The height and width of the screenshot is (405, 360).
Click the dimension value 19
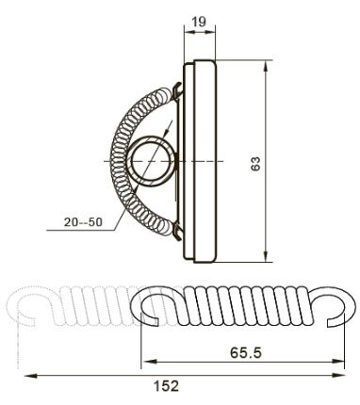point(199,22)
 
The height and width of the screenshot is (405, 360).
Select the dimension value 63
point(255,163)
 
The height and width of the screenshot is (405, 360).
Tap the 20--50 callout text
point(83,222)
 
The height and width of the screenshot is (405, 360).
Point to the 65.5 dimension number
point(246,352)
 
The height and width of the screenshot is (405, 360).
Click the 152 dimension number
point(167,385)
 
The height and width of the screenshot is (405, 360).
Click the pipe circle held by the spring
point(153,161)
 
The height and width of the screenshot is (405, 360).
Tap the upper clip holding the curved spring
point(177,89)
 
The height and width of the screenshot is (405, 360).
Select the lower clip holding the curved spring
point(177,232)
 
